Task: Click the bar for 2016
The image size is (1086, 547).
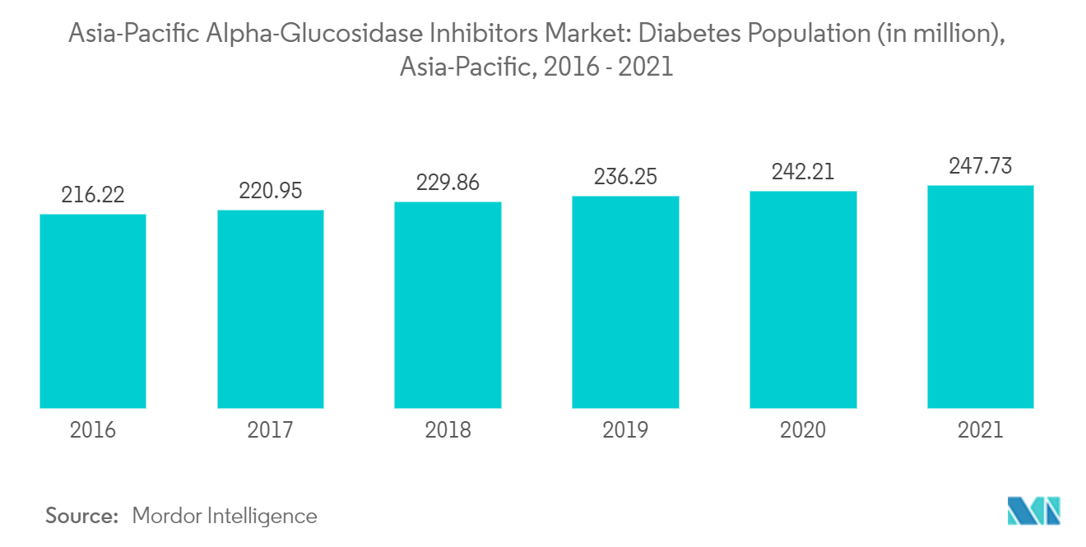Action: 93,311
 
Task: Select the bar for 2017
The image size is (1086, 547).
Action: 271,308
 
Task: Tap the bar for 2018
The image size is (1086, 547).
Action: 448,304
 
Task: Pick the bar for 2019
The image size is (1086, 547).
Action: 625,302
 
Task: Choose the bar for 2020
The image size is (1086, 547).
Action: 803,299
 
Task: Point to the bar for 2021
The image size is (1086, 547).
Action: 980,296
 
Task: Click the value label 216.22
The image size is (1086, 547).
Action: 93,196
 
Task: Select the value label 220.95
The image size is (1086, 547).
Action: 271,192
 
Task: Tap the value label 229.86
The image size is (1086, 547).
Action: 448,183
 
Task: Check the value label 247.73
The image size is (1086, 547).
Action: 980,167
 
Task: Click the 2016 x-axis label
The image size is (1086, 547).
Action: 93,430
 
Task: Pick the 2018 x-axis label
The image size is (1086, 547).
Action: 448,430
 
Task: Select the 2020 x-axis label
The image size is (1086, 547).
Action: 803,430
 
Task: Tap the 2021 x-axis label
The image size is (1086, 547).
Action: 980,430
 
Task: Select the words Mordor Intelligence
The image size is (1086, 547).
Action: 224,516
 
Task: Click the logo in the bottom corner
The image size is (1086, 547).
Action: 1033,511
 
